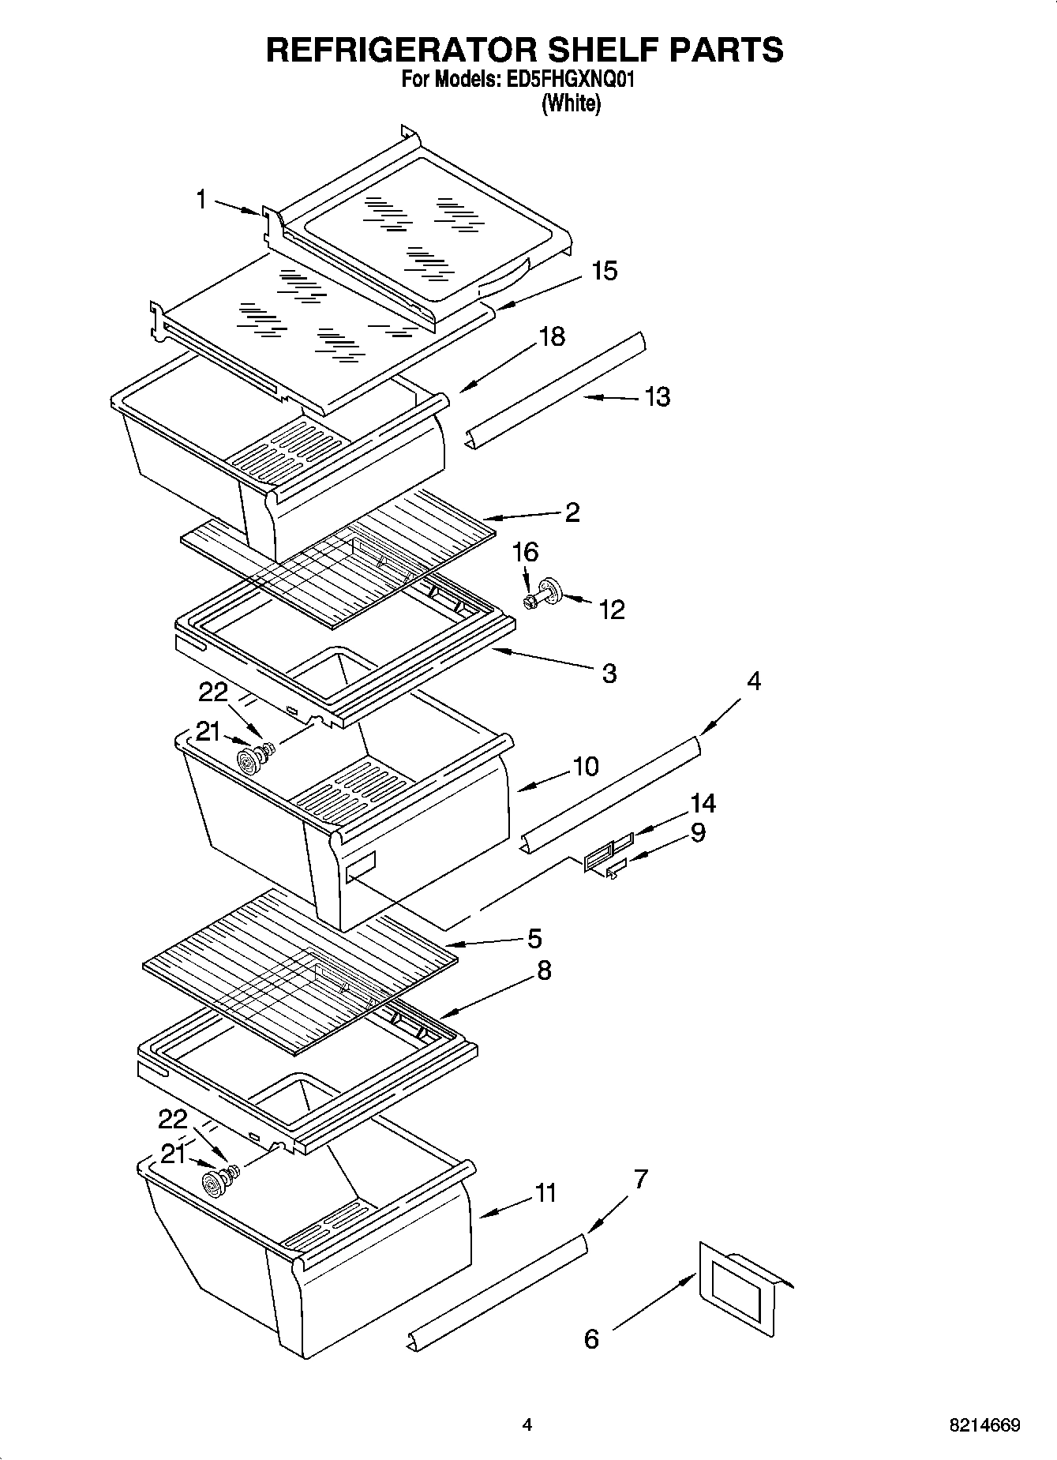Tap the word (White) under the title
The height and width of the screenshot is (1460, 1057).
[x=570, y=103]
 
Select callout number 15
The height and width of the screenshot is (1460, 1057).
[x=604, y=271]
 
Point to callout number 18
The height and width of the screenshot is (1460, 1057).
[x=552, y=336]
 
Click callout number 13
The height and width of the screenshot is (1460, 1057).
[x=657, y=396]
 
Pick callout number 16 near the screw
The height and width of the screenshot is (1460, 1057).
[x=526, y=552]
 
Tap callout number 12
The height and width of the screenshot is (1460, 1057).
[x=612, y=609]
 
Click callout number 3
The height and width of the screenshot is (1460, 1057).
[x=609, y=674]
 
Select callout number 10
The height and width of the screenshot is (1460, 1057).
[x=586, y=766]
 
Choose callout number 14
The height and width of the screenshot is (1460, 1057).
[x=703, y=804]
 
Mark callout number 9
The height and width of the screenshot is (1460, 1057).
[x=697, y=833]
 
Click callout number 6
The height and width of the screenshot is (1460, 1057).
[x=591, y=1339]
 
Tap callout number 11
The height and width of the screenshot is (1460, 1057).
[x=545, y=1192]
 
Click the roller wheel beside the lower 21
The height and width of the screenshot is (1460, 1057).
[x=213, y=1182]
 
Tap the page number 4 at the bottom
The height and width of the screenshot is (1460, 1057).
[x=527, y=1425]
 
